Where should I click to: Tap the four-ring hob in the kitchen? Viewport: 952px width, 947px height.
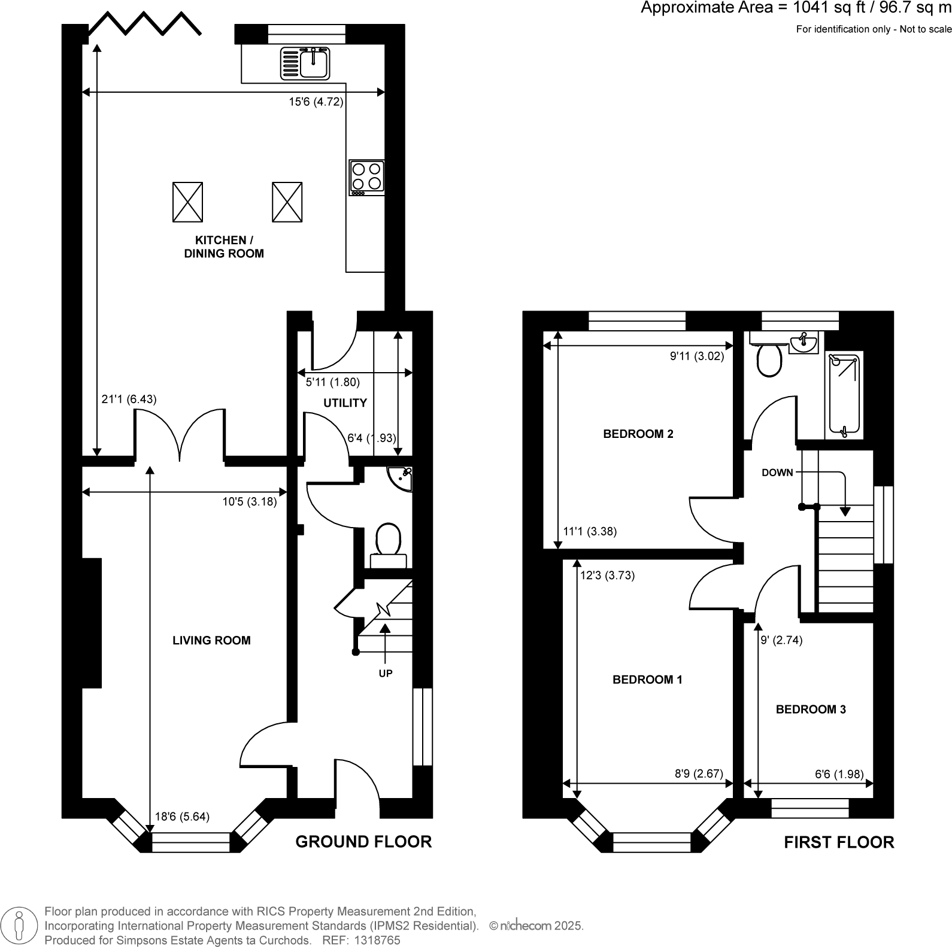point(366,178)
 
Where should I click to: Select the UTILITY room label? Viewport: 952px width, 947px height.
point(345,403)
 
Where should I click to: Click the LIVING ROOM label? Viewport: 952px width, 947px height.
point(211,641)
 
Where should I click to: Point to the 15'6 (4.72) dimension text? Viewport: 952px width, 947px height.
point(316,102)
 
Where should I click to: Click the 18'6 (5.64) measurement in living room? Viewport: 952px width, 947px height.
point(182,817)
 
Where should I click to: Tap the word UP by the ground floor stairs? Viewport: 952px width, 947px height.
point(386,674)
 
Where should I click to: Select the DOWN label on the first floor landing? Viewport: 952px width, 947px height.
point(777,473)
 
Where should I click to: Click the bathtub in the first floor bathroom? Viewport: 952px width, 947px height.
point(844,395)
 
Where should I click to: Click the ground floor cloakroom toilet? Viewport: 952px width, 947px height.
point(389,542)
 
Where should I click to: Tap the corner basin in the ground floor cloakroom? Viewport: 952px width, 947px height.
point(402,477)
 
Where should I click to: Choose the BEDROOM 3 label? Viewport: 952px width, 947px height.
point(811,710)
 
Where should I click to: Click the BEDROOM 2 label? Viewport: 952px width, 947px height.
point(638,434)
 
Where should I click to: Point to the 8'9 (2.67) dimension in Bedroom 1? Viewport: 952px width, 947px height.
point(699,774)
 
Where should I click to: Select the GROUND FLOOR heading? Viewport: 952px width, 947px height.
point(363,842)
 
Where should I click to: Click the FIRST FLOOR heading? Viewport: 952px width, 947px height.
point(839,842)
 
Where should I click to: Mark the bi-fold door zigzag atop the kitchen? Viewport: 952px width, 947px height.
point(144,24)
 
